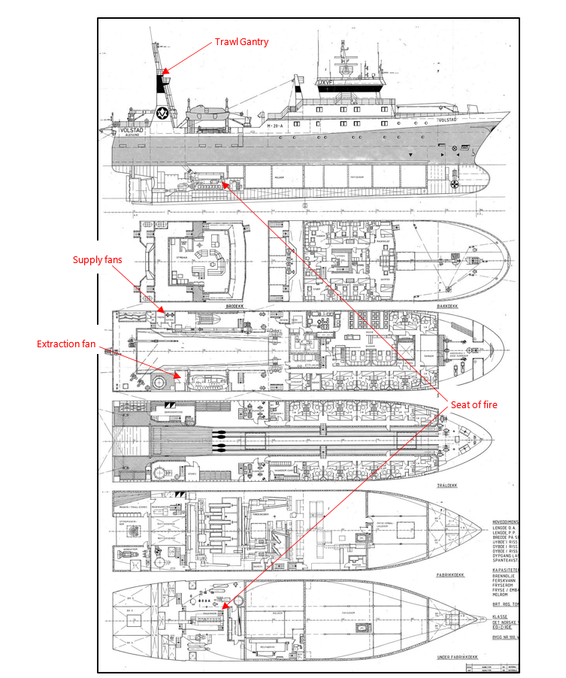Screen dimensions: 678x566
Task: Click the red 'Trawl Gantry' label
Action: pos(242,41)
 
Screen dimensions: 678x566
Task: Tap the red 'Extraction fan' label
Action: pos(70,344)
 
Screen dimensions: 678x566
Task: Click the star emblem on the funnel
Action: pos(161,114)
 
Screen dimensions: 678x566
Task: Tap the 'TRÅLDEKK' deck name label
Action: pos(449,485)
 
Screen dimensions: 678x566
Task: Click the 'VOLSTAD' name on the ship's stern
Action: pos(132,130)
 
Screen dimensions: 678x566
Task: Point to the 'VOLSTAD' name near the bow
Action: pos(446,120)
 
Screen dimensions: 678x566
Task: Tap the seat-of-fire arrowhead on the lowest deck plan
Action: pos(222,607)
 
